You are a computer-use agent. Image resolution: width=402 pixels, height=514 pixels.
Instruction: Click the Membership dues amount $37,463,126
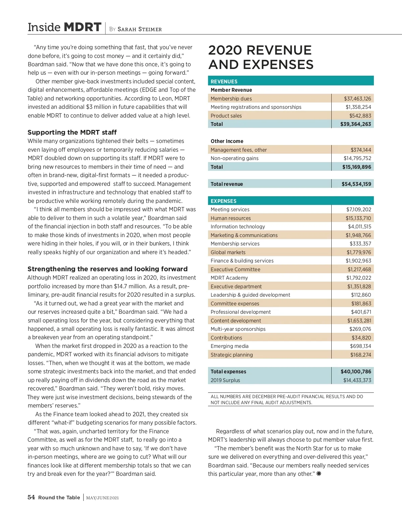pos(357,98)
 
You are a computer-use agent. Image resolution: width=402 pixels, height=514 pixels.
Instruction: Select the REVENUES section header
pos(224,81)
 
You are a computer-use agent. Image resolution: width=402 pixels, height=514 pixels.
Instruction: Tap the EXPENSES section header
pos(223,201)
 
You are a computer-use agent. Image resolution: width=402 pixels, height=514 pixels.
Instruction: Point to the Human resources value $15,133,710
pos(358,218)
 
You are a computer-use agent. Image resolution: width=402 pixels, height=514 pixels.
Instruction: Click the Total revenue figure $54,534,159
pos(356,184)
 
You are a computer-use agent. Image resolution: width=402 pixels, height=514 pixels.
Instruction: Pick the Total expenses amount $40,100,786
pos(356,371)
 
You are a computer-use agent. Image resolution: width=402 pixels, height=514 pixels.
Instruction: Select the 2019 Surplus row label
pos(225,380)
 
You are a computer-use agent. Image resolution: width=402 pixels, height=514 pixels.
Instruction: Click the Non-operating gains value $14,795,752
pos(357,158)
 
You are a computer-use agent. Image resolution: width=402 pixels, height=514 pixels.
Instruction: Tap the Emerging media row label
pos(229,346)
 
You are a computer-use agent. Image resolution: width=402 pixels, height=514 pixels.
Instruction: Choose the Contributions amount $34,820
pos(361,338)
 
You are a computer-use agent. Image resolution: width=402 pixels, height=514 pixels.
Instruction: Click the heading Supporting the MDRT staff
pos(72,132)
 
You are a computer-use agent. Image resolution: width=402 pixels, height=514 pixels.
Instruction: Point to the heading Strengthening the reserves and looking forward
pos(108,269)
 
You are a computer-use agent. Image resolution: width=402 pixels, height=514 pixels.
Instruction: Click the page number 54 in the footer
pos(31,497)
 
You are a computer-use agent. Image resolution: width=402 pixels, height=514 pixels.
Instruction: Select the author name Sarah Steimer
pos(139,29)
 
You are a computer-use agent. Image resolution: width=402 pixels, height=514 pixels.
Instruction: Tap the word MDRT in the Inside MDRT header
pos(82,27)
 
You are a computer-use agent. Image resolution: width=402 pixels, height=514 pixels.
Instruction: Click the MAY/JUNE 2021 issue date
pos(102,498)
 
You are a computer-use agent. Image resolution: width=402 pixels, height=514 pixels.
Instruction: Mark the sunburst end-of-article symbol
pos(319,473)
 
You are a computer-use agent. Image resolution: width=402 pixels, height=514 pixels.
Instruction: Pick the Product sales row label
pos(226,116)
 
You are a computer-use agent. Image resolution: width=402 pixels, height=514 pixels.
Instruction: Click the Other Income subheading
pos(227,141)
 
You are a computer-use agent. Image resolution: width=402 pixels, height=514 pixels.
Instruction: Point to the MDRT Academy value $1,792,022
pos(358,278)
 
